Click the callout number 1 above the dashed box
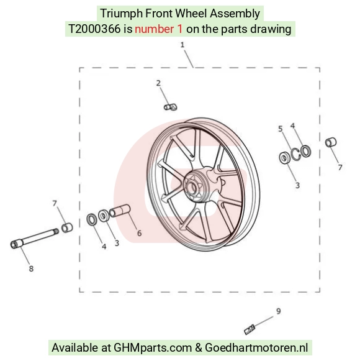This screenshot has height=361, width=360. (182, 45)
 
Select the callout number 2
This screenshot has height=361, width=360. (158, 83)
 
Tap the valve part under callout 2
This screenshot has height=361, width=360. (171, 107)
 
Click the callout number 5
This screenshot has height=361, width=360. (280, 129)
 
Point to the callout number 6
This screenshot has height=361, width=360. (139, 233)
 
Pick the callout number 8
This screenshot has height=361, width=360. (31, 268)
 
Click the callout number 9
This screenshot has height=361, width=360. (278, 311)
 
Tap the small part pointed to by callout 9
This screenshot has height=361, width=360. (250, 329)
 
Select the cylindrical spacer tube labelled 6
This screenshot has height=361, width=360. (120, 211)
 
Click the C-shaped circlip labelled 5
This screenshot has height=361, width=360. (296, 154)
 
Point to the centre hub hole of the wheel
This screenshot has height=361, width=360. (191, 187)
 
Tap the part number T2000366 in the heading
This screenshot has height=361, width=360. (94, 29)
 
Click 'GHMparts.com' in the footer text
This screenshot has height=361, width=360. (153, 347)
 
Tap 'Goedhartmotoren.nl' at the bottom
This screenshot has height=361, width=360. (256, 347)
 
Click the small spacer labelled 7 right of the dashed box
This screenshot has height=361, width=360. (331, 142)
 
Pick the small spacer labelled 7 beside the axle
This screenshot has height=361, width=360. (67, 227)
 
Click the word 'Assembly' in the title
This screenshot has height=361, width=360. (235, 14)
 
